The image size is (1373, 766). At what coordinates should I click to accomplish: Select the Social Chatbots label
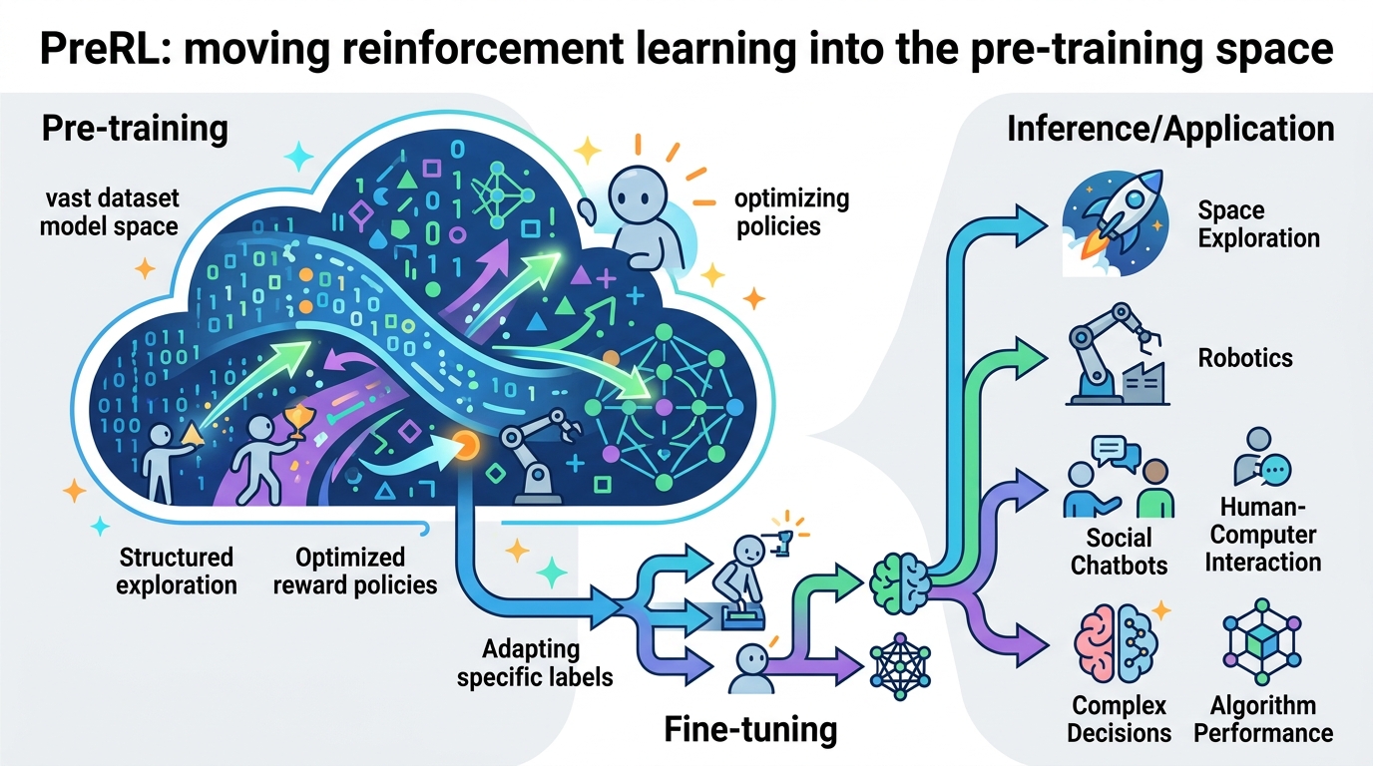(1119, 551)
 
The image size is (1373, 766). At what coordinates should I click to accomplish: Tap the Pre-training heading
(135, 129)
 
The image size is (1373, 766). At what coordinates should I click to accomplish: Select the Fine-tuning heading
(750, 730)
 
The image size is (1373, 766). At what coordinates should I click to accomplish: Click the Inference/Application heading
(1170, 129)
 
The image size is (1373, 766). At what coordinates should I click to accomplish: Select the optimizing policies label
(791, 212)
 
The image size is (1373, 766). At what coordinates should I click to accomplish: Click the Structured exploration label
(177, 571)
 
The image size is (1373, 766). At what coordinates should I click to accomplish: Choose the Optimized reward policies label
(354, 571)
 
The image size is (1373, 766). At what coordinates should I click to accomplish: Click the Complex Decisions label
(1119, 719)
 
